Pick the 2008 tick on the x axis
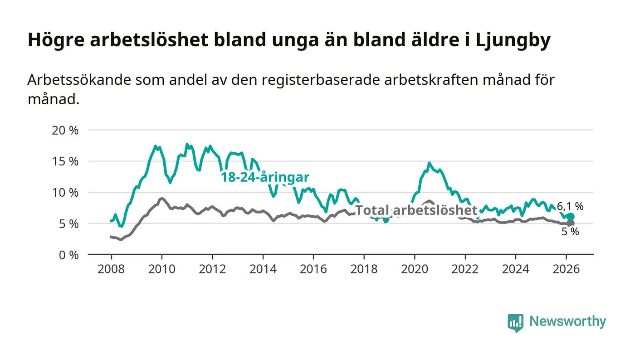coord(111,268)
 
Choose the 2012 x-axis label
coord(212,268)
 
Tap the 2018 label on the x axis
coord(364,268)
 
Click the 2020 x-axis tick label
coord(415,268)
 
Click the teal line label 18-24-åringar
coord(265,177)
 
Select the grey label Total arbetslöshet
coord(416,210)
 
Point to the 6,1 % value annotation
coord(570,207)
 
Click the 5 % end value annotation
coord(571,232)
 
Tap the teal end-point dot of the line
coord(571,217)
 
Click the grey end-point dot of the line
coord(571,223)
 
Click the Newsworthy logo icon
coord(515,322)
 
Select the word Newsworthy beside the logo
coord(567,321)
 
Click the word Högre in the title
coord(56,40)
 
